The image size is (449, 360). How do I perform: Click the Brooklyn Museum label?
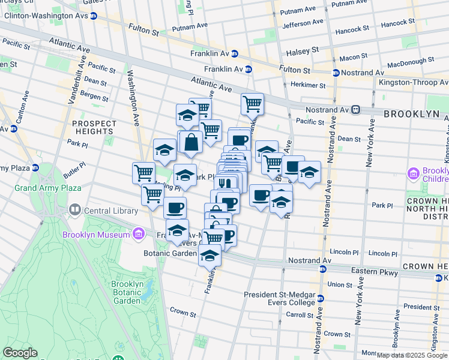click(x=97, y=235)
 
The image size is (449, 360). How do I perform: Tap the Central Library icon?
click(x=75, y=211)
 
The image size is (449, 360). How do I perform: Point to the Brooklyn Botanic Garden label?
click(x=127, y=292)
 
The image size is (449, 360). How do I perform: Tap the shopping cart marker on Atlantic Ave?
click(x=253, y=103)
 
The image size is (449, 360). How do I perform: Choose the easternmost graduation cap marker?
click(x=309, y=172)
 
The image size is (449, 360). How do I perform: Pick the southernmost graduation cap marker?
click(x=209, y=255)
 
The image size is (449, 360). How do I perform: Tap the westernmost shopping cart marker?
click(x=143, y=173)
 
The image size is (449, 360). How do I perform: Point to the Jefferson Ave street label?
click(x=303, y=24)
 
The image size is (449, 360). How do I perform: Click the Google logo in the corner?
click(x=20, y=353)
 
